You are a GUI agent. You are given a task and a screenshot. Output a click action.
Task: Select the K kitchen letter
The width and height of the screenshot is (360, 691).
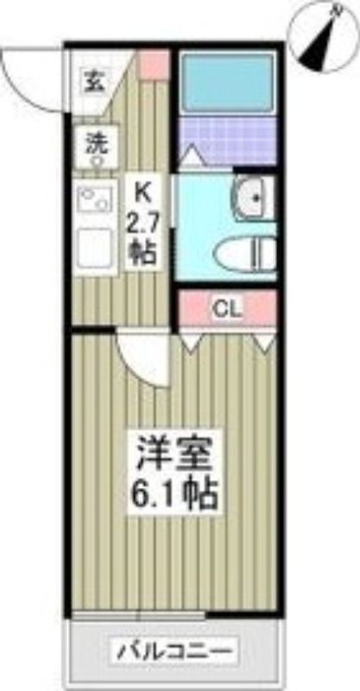point(142,193)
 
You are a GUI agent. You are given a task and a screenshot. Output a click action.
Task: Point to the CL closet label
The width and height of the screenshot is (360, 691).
point(228,311)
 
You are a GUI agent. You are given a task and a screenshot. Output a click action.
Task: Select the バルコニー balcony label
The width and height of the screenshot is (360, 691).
point(174,650)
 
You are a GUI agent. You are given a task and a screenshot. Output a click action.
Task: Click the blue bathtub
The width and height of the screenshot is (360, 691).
point(227,83)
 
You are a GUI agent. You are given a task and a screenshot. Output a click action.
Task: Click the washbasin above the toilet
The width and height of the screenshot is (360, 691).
point(255,198)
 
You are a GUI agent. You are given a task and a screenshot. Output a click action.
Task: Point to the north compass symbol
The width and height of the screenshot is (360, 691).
point(323,36)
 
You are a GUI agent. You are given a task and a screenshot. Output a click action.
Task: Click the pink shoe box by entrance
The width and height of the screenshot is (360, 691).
point(155,65)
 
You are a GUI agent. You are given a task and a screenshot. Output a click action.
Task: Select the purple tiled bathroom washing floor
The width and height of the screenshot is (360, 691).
point(227,140)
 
